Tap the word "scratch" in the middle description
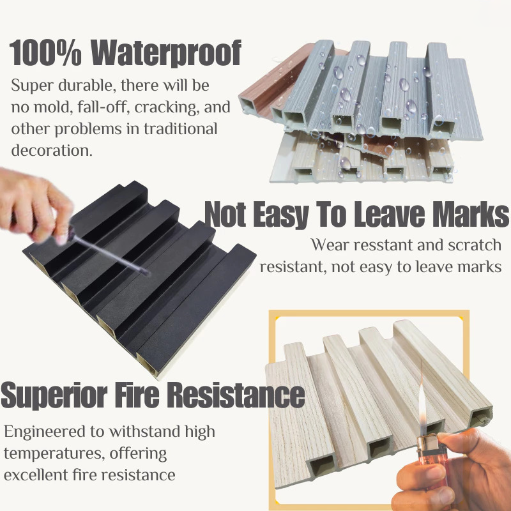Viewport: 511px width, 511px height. tap(471, 245)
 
